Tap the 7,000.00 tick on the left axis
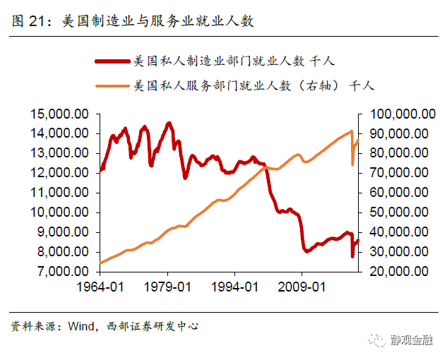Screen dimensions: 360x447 (61, 272)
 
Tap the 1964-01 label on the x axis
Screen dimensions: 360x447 (100, 287)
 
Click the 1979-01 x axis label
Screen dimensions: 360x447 (167, 287)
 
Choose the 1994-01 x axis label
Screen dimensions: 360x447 (235, 287)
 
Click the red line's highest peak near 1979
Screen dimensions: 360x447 (168, 123)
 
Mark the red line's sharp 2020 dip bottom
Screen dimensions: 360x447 (352, 256)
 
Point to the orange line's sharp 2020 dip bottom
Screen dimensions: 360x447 (352, 164)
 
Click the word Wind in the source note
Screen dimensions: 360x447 (81, 326)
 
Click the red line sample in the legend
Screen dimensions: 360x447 (113, 61)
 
